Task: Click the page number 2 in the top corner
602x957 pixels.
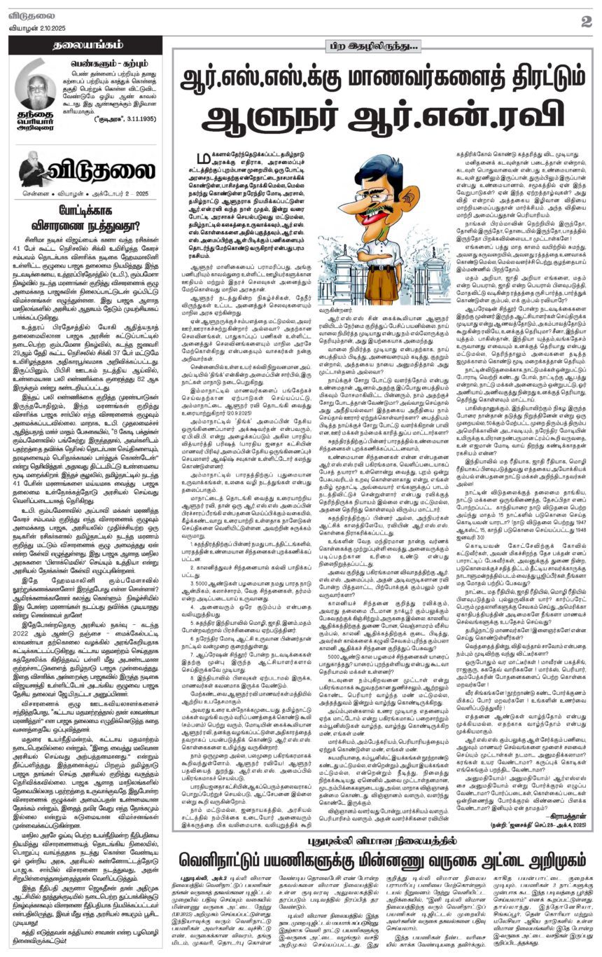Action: tap(587, 21)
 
